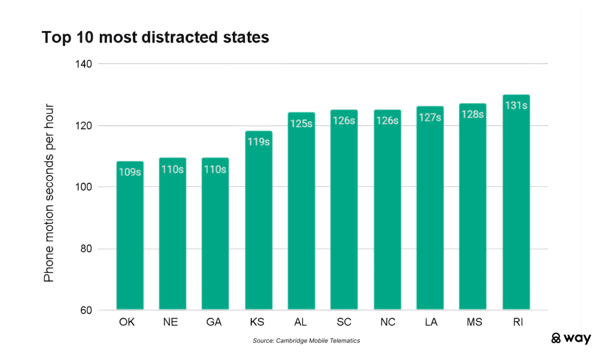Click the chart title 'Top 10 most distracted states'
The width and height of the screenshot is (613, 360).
[155, 37]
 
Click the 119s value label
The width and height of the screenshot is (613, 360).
[259, 143]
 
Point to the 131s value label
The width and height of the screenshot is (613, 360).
[516, 106]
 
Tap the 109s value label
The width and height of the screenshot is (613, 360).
[130, 173]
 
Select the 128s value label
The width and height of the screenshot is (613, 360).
[473, 115]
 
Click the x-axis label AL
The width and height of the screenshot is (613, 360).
[301, 323]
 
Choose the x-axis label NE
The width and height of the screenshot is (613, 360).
[172, 323]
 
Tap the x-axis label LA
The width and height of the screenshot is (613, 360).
[430, 323]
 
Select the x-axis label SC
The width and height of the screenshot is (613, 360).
[344, 323]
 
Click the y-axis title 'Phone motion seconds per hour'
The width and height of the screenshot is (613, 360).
[49, 193]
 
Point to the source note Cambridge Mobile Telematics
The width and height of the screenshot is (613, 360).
[306, 341]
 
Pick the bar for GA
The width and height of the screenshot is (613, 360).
[216, 237]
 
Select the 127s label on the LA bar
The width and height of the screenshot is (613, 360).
[430, 118]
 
